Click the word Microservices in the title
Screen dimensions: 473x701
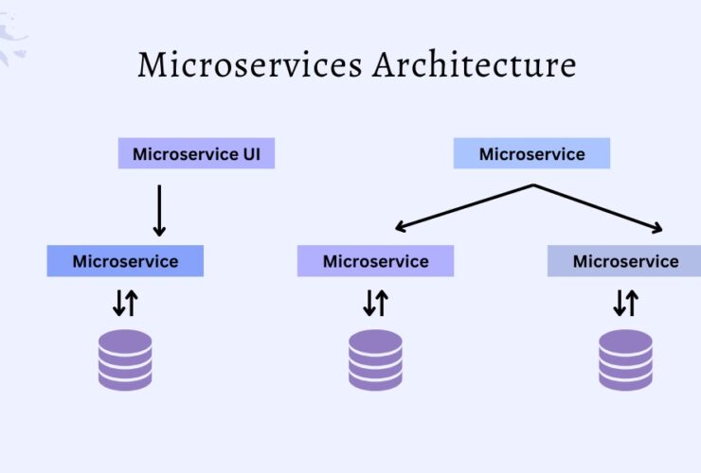[249, 66]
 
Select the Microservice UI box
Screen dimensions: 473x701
[196, 154]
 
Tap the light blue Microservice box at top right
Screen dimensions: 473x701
[531, 154]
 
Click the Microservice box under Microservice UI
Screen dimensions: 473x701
[125, 261]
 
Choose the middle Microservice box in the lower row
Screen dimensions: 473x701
[375, 261]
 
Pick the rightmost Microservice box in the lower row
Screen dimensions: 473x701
[625, 261]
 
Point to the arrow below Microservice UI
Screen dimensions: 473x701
[159, 210]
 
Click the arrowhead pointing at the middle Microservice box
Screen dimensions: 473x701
[400, 227]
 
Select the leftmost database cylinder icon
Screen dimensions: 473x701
[125, 359]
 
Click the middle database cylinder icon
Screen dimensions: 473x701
[375, 359]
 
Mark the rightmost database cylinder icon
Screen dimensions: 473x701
[625, 359]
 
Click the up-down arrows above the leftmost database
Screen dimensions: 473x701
[125, 303]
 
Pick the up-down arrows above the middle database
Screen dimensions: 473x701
[375, 303]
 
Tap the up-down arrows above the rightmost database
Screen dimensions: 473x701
[625, 303]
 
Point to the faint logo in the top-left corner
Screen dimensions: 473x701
[13, 38]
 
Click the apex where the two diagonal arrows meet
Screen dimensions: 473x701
[532, 184]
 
